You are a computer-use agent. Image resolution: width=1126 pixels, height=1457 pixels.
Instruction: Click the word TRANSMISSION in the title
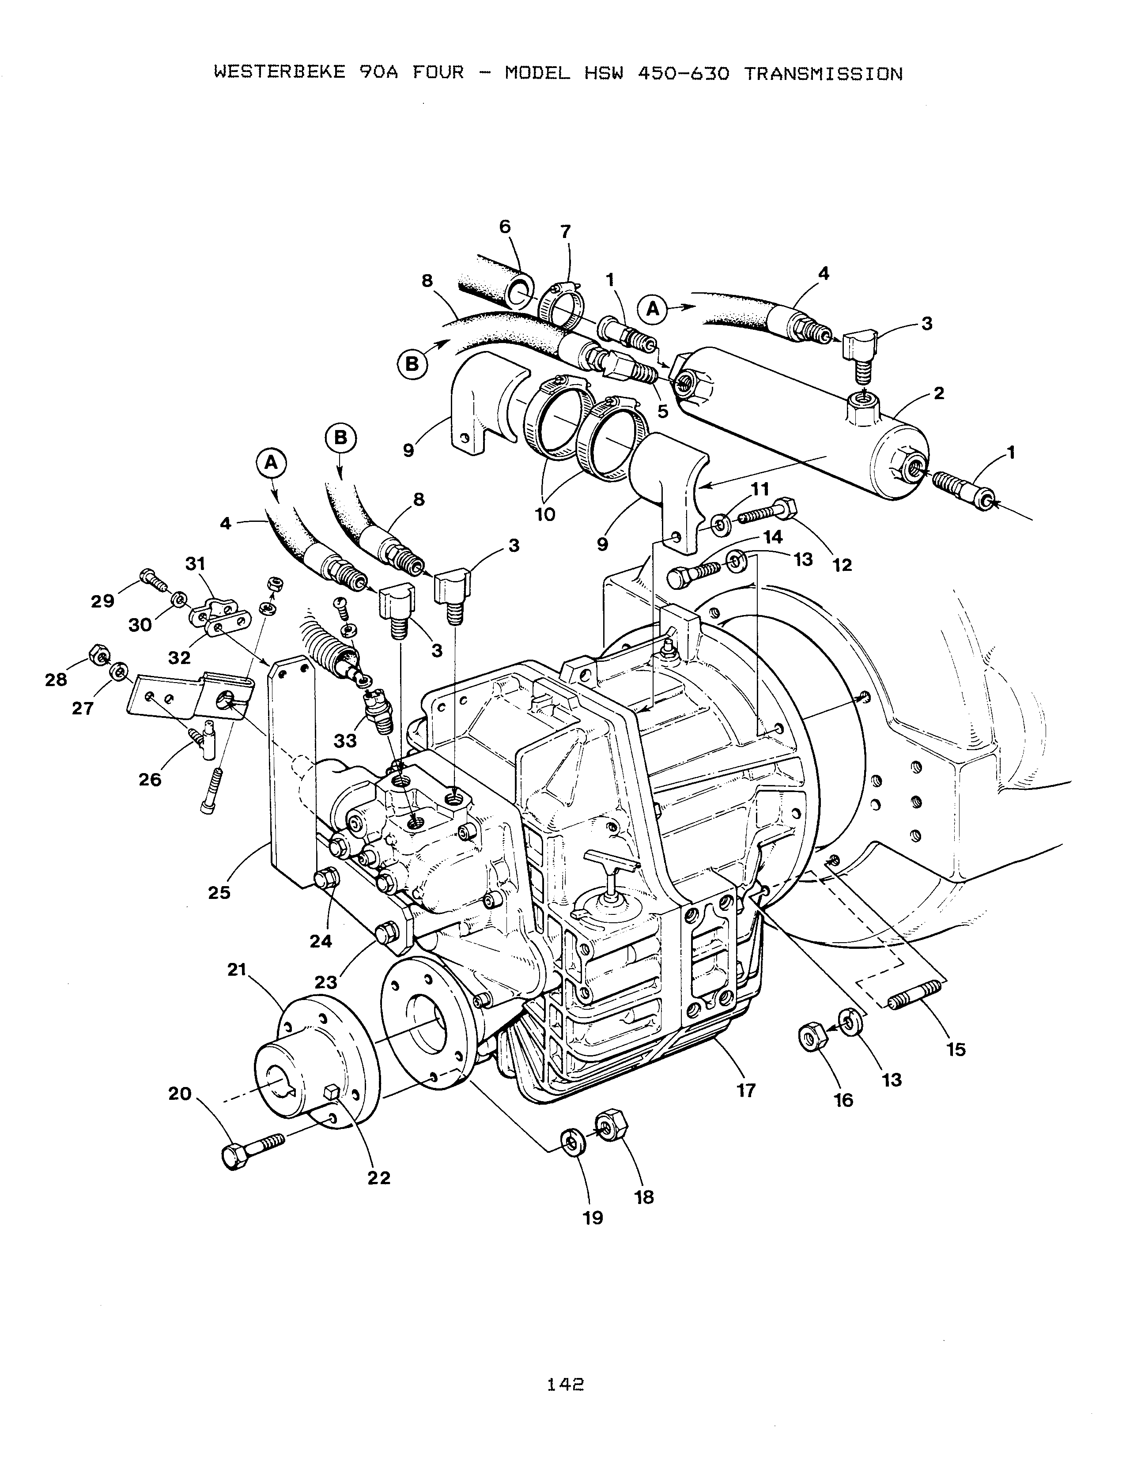823,73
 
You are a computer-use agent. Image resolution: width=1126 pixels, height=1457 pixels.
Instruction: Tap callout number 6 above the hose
505,227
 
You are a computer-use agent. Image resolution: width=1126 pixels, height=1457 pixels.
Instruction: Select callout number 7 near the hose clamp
566,232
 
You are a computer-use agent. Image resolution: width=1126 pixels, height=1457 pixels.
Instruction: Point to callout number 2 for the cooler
939,393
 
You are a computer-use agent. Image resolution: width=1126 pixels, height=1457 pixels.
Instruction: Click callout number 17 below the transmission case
746,1090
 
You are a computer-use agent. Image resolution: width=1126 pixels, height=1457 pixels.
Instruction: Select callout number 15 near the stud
956,1049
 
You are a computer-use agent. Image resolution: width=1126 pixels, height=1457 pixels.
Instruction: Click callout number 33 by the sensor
346,740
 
